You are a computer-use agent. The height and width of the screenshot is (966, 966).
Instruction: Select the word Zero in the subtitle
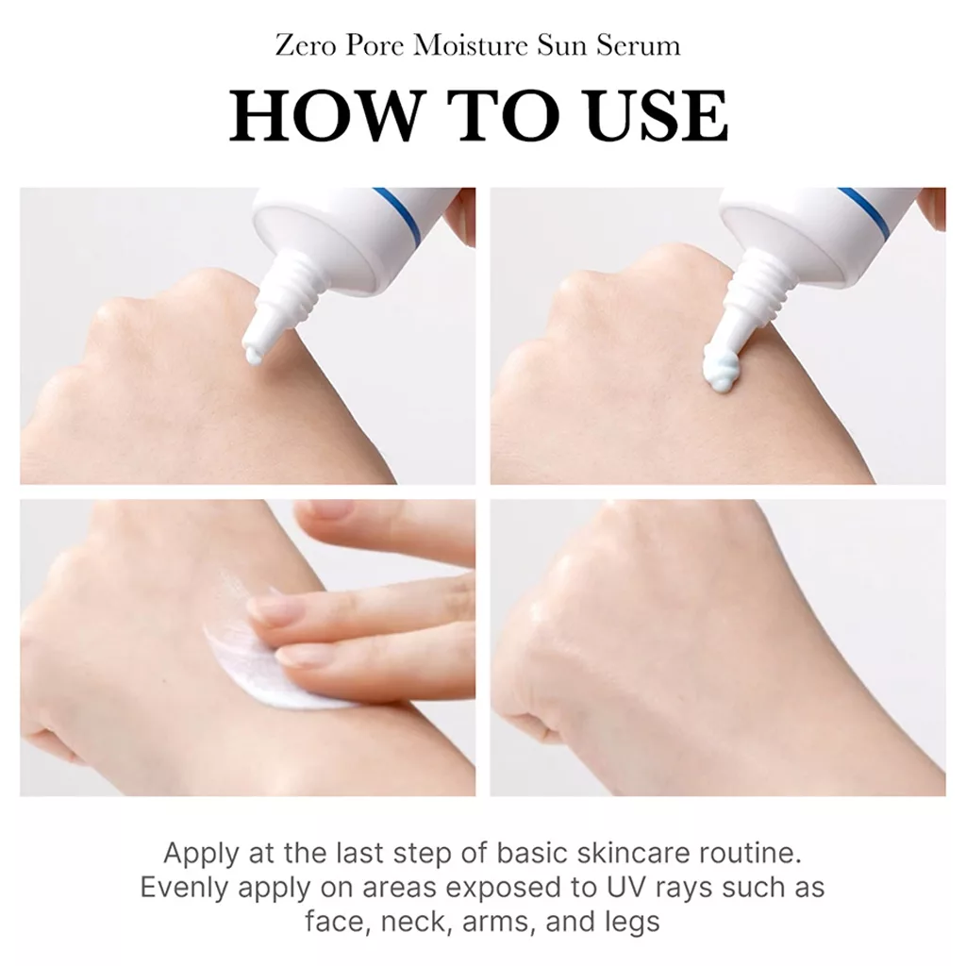click(305, 46)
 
